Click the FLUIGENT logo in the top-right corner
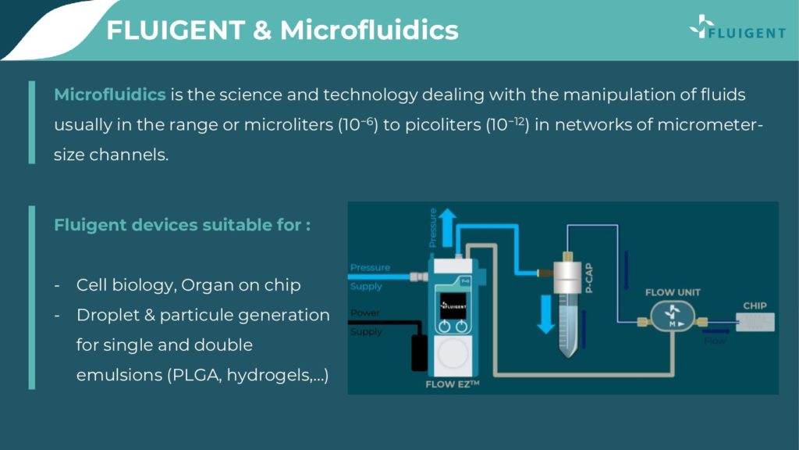click(737, 27)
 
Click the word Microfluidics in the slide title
click(369, 30)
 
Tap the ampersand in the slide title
click(262, 30)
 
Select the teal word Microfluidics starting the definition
click(110, 95)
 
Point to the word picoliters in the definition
click(443, 125)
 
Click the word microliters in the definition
click(289, 125)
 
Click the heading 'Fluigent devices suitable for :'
click(183, 225)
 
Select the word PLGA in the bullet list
click(197, 375)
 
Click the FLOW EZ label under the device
click(453, 384)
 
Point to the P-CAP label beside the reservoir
click(589, 278)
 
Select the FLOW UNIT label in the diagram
click(673, 292)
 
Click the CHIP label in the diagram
click(755, 305)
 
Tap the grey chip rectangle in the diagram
click(755, 322)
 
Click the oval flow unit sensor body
click(673, 316)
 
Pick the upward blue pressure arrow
click(448, 227)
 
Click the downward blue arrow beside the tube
click(545, 314)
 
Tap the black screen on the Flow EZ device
click(453, 305)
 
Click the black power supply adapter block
click(419, 352)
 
